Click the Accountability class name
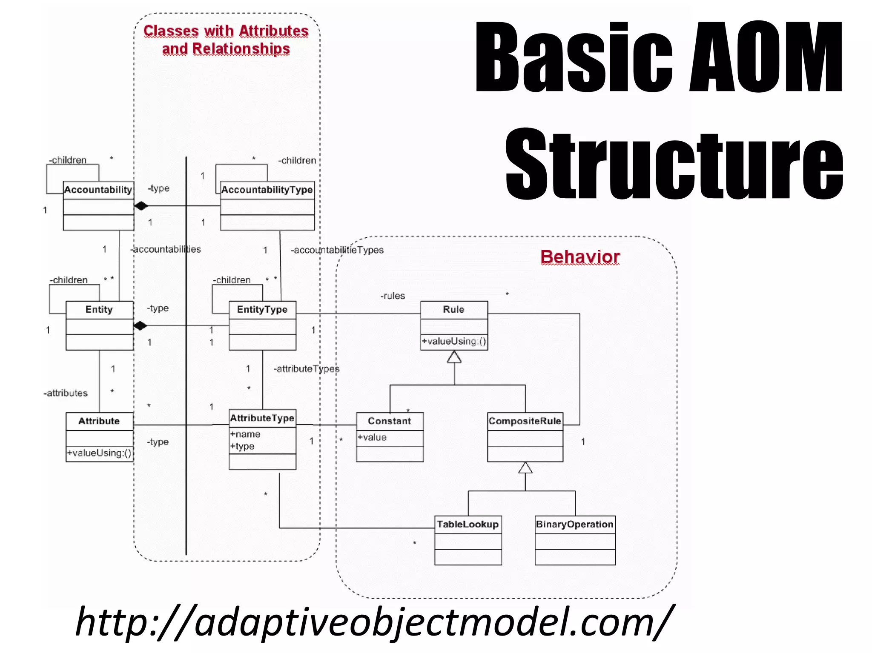[x=98, y=190]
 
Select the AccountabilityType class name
[x=267, y=190]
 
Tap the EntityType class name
[x=262, y=310]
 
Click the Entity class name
[x=99, y=310]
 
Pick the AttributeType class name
[x=262, y=418]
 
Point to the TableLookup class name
[x=468, y=525]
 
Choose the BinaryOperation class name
[x=575, y=525]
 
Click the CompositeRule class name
[x=525, y=421]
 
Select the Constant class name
[x=390, y=421]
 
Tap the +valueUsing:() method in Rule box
[x=454, y=342]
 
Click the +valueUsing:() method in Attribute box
[x=99, y=453]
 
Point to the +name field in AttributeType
[x=245, y=434]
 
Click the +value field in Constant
[x=372, y=437]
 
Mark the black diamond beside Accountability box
[x=141, y=206]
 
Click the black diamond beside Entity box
[x=140, y=326]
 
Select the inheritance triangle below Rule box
[x=454, y=357]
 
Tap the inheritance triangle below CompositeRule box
[x=525, y=468]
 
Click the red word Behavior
[x=580, y=257]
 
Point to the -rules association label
[x=393, y=296]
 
